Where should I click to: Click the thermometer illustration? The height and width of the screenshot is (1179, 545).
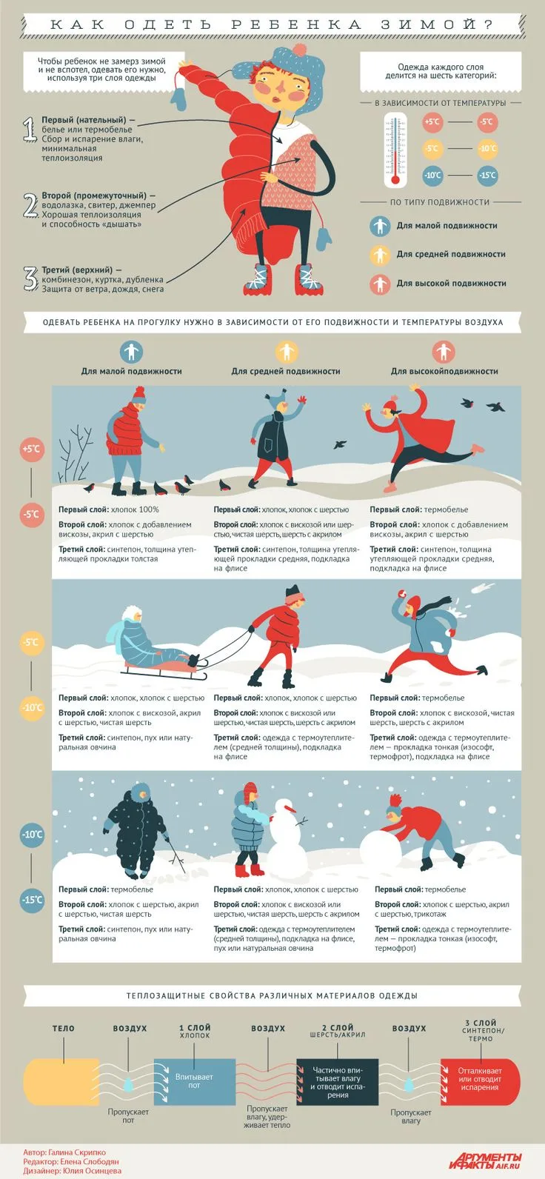395,150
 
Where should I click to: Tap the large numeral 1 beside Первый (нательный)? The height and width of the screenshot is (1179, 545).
30,129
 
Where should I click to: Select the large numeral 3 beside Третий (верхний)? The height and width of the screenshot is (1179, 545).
30,278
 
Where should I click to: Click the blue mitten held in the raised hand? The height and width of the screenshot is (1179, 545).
179,98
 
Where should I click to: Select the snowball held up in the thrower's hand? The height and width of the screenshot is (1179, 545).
402,594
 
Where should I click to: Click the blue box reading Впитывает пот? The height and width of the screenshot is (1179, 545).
195,1082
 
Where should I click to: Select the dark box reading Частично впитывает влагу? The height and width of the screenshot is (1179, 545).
338,1082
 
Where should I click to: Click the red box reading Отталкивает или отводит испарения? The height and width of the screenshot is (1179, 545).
480,1082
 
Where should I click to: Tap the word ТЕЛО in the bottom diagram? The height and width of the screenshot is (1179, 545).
64,1028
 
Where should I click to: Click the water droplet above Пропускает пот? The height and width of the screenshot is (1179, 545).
128,1083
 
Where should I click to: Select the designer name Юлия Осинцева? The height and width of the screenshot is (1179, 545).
92,1171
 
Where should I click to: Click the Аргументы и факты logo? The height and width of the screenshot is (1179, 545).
485,1160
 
